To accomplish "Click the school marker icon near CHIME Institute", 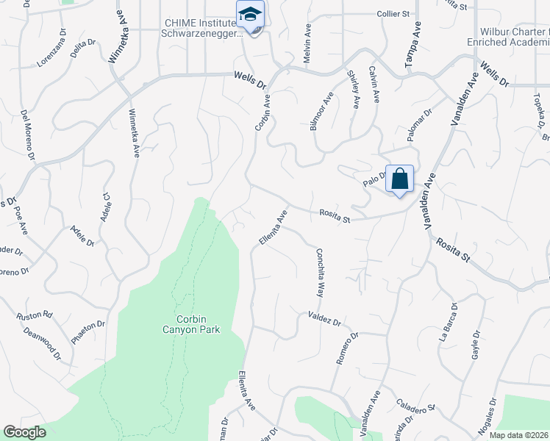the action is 250,15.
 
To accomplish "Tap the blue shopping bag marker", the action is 399,179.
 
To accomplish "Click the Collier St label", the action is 393,14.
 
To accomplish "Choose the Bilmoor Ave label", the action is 322,112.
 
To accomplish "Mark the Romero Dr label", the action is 347,348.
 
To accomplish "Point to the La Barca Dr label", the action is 448,323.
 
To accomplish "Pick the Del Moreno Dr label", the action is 28,135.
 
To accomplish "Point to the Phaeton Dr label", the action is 89,333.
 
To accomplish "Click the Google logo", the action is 24,432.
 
